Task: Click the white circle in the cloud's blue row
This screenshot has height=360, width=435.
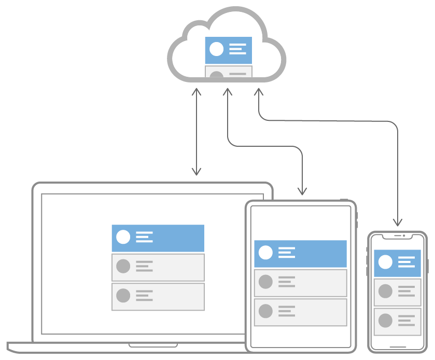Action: point(217,49)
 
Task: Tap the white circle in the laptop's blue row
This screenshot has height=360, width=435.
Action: point(123,237)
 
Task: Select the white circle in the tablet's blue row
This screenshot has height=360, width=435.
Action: point(265,253)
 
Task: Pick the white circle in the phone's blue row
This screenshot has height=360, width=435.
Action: point(385,262)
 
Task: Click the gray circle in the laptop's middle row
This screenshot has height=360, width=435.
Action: point(123,267)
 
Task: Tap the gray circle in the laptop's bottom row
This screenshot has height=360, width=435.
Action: point(123,296)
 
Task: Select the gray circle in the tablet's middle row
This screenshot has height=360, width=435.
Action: point(265,282)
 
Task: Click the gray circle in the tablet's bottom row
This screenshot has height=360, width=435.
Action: point(265,311)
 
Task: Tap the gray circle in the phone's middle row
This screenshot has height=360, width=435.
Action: point(385,291)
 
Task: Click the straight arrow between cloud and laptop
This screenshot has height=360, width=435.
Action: point(196,132)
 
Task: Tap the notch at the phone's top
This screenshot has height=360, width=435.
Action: point(398,236)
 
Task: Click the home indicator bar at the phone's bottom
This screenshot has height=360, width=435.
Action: point(398,347)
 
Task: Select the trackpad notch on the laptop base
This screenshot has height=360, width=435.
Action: point(153,345)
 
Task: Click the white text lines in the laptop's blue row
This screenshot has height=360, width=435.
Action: point(145,237)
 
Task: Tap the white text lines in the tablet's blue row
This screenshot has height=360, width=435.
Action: point(287,253)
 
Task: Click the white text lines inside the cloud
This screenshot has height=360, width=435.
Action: point(237,49)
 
